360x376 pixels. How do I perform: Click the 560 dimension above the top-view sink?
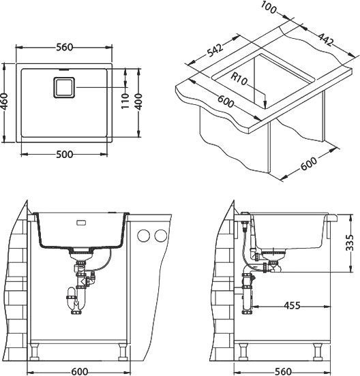(x=64, y=47)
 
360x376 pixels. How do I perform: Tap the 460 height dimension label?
(x=4, y=101)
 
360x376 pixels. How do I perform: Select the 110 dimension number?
(x=125, y=101)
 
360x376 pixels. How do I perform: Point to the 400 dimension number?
(x=138, y=101)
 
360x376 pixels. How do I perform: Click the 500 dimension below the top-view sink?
(x=64, y=155)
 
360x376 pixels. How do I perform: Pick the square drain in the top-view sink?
(x=64, y=87)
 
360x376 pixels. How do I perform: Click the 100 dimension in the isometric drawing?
(x=269, y=7)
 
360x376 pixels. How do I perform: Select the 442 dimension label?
(x=326, y=39)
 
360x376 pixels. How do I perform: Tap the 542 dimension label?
(x=215, y=50)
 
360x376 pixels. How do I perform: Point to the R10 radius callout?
(x=239, y=79)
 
